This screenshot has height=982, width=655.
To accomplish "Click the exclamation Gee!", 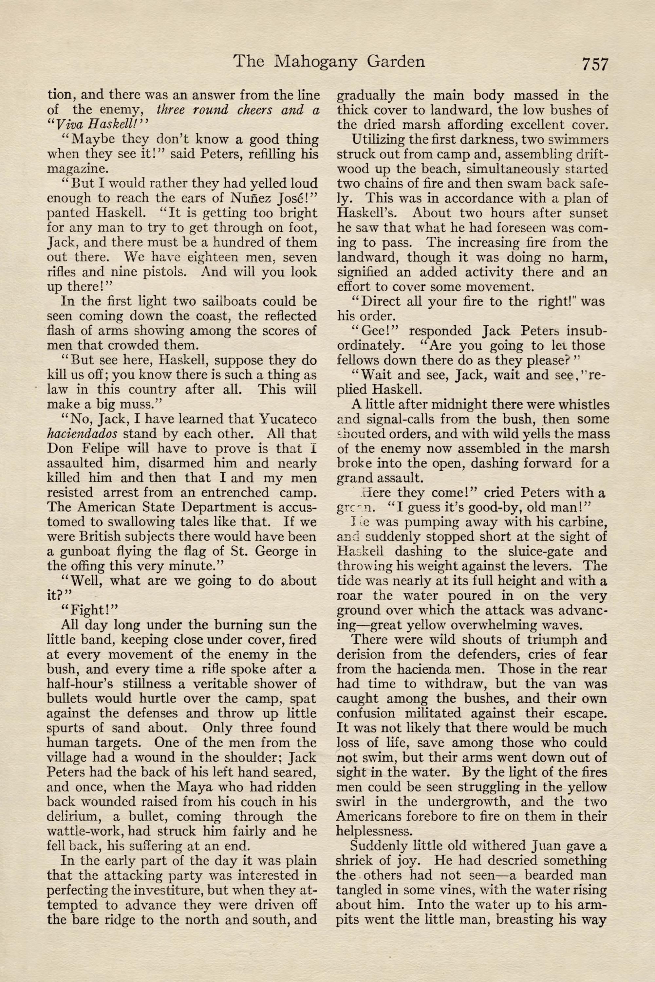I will (373, 331).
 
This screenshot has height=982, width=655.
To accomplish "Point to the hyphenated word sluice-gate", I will (520, 552).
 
